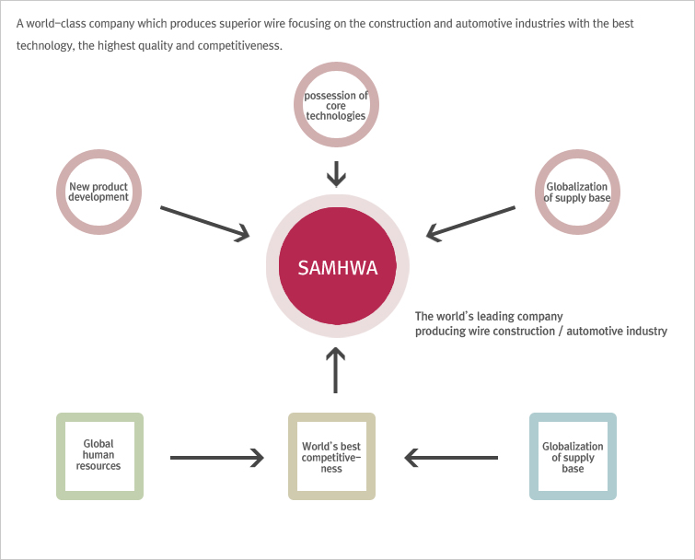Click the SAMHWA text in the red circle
click(x=337, y=268)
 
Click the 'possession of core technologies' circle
click(x=336, y=67)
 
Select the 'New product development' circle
click(x=98, y=155)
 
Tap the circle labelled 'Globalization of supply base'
click(x=577, y=155)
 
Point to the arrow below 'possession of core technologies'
click(x=336, y=174)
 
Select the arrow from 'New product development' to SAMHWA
click(x=204, y=224)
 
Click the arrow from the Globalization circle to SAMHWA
click(x=470, y=224)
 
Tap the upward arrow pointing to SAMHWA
click(x=335, y=370)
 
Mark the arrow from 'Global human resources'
click(x=216, y=458)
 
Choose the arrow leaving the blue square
click(x=451, y=458)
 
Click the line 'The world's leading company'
click(x=489, y=317)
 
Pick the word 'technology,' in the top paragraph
click(x=46, y=46)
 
